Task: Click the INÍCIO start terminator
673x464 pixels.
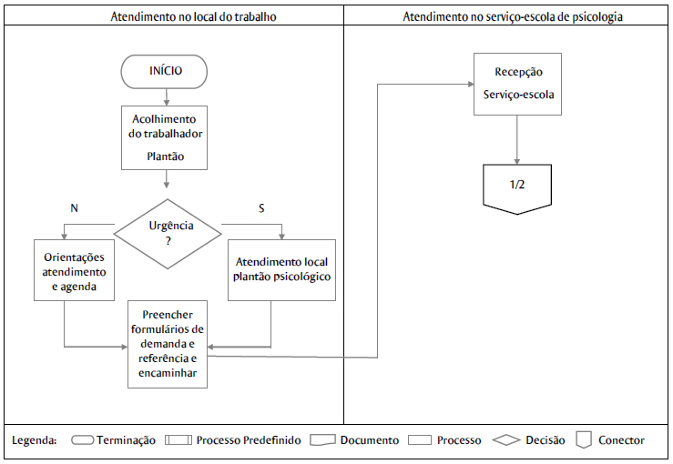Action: point(166,70)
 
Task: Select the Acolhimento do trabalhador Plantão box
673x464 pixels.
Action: point(165,136)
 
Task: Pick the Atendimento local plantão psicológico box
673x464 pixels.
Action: point(281,269)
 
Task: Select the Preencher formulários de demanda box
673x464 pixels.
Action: point(166,343)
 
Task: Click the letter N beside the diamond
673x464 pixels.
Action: point(74,208)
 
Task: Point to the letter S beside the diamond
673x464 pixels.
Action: point(261,208)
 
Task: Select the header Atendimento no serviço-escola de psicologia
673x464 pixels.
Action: point(506,16)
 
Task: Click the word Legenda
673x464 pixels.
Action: point(35,440)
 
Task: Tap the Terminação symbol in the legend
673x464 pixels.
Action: point(83,440)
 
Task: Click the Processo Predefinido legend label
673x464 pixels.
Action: point(248,440)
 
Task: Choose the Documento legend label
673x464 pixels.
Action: point(369,440)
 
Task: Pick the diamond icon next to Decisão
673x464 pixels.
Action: point(505,440)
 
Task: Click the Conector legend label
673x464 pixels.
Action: point(621,440)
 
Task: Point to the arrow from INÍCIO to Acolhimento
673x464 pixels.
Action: point(166,95)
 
